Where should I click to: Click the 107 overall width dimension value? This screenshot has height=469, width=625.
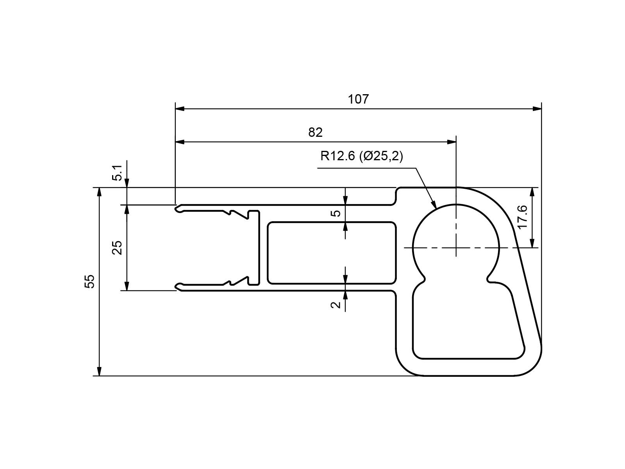[358, 99]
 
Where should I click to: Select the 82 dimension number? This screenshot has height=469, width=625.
[315, 132]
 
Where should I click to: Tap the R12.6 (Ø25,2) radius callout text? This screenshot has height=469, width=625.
[362, 156]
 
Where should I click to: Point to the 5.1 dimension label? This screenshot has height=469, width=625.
[117, 173]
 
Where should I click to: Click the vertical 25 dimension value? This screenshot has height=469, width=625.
[117, 247]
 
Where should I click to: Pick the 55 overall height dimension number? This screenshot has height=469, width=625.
[89, 281]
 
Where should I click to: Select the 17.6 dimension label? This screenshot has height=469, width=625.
[523, 217]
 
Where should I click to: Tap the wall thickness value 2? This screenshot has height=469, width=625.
[336, 305]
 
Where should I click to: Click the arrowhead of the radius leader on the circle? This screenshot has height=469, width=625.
[433, 204]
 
